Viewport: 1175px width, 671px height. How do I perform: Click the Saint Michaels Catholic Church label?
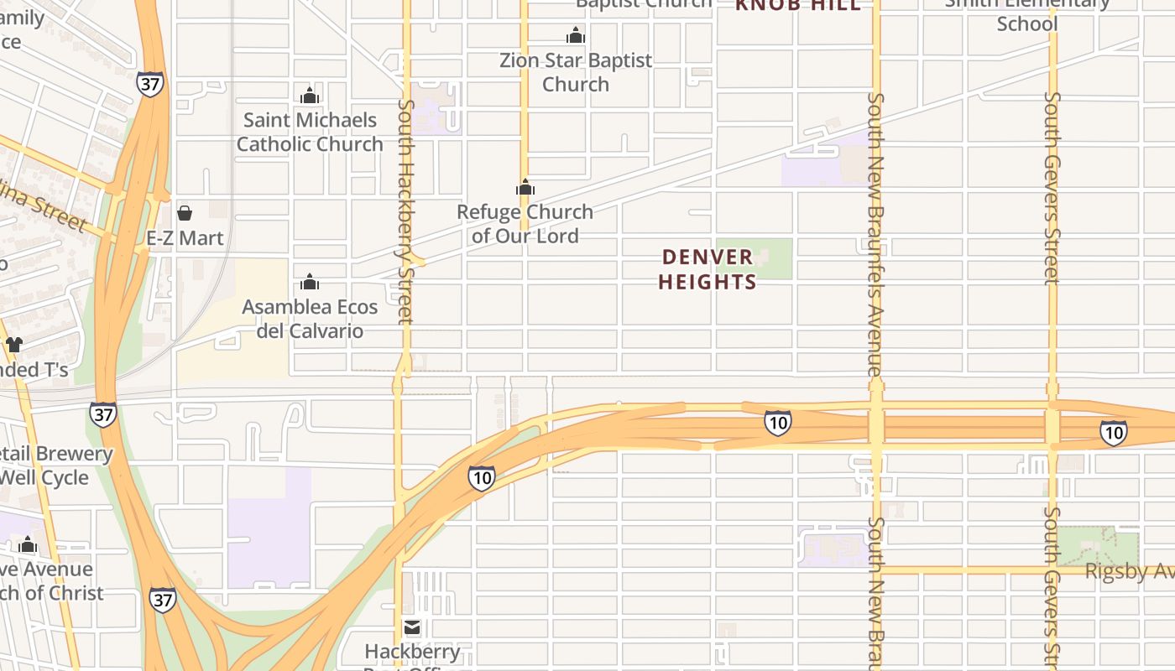[310, 132]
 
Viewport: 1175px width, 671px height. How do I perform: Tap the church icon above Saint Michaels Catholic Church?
[310, 96]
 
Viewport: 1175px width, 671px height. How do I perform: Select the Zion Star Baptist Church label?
[576, 72]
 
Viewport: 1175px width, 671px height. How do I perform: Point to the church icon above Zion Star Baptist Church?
[576, 35]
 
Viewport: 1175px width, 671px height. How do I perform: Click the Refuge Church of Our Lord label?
[525, 224]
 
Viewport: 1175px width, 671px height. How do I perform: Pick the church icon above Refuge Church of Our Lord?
[525, 187]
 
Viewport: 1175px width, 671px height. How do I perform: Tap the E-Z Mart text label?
[185, 238]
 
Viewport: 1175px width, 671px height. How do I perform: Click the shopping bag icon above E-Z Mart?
[185, 213]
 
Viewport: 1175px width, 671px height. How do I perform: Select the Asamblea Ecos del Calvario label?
[310, 319]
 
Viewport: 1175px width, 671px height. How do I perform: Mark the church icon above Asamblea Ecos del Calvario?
[310, 282]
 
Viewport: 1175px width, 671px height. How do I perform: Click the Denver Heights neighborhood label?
[708, 269]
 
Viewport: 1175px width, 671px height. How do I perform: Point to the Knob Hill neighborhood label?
[798, 5]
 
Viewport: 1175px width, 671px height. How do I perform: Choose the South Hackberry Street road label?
[406, 211]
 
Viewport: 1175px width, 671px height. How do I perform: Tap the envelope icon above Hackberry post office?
[412, 627]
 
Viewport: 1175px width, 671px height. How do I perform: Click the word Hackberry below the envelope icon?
[412, 651]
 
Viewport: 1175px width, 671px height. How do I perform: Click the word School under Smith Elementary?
[1026, 23]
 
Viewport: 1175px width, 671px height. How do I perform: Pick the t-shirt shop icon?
[14, 344]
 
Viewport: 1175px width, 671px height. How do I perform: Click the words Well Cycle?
[44, 477]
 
